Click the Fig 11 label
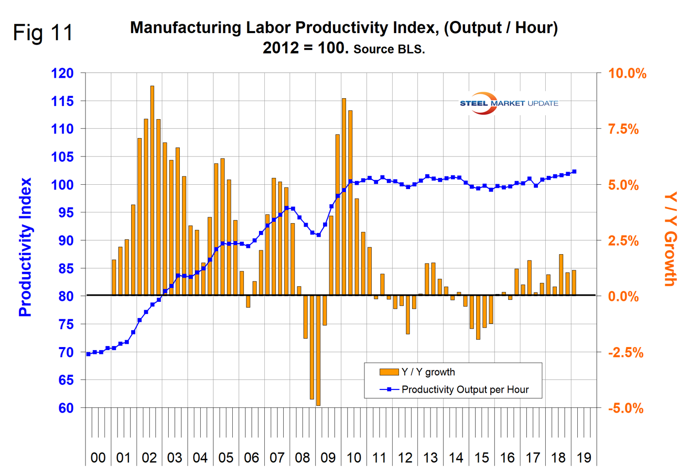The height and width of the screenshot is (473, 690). pos(43,33)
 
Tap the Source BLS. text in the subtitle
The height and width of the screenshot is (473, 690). pos(389,50)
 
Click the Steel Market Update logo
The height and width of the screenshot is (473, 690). pos(508,103)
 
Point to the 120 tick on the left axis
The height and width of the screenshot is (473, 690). pos(62,73)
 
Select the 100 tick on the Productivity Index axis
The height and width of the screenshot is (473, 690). pos(62,185)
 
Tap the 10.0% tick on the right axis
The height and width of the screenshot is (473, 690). pos(627,74)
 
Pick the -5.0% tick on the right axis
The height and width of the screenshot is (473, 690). pos(626,408)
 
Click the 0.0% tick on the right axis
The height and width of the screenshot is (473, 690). pos(623,297)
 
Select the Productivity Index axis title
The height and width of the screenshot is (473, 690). pos(25,247)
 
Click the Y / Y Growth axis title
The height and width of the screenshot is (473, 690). pos(671,239)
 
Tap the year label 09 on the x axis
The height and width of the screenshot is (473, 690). pos(328,458)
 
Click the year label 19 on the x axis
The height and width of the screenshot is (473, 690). pos(584,458)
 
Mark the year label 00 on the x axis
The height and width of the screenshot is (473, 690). pos(98,458)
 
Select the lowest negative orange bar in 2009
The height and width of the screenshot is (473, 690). pos(318,350)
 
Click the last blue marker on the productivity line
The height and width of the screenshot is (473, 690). pos(574,172)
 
